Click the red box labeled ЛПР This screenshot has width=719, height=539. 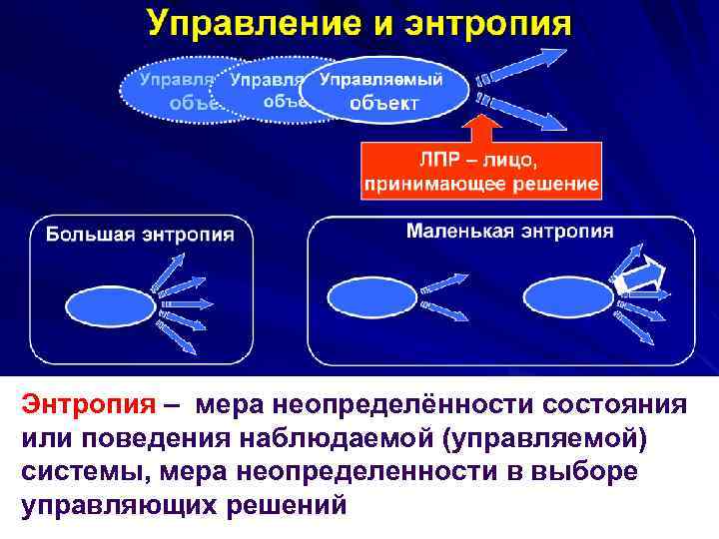tap(481, 171)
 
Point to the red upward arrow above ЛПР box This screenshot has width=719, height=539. tap(482, 128)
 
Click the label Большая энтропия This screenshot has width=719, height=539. tap(140, 235)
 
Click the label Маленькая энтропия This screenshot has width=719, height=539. tap(509, 231)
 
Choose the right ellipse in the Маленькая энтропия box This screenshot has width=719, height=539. tap(567, 296)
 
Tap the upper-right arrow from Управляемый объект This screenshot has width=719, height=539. tap(519, 69)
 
